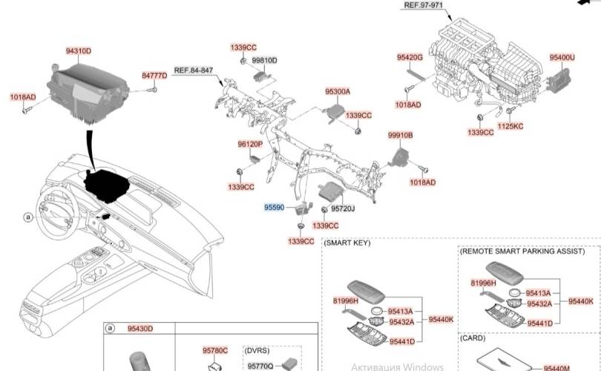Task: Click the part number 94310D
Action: [x=78, y=51]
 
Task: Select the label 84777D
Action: [x=154, y=76]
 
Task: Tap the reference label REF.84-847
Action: [x=193, y=70]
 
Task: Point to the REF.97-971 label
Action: [x=424, y=5]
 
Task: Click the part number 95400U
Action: [x=562, y=57]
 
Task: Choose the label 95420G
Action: [x=410, y=57]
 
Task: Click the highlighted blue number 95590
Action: [x=274, y=207]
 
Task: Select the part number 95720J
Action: [x=343, y=209]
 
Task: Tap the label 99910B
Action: [x=400, y=135]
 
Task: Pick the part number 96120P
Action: [x=250, y=144]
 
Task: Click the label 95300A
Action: [x=338, y=91]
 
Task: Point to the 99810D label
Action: [x=264, y=61]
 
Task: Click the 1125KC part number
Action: [x=510, y=126]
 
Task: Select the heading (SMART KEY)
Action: [x=347, y=243]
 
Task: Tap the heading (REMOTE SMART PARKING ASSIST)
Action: [x=522, y=252]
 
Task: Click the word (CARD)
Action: [x=472, y=338]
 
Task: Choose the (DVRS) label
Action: [x=257, y=351]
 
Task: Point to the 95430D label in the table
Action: [x=140, y=329]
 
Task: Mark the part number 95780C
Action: [x=215, y=351]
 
